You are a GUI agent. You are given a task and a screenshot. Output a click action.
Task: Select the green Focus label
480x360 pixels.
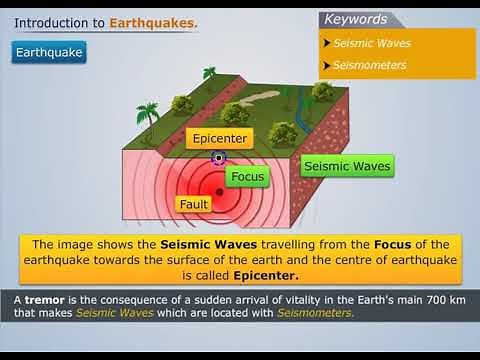(x=247, y=176)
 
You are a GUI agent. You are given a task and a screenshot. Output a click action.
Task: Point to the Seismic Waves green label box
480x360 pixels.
(x=346, y=165)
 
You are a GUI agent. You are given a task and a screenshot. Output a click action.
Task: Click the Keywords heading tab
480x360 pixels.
(x=355, y=19)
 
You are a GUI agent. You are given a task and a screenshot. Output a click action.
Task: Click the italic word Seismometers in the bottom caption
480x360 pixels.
(x=319, y=313)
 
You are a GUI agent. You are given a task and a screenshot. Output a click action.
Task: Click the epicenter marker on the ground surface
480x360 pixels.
(x=219, y=157)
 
